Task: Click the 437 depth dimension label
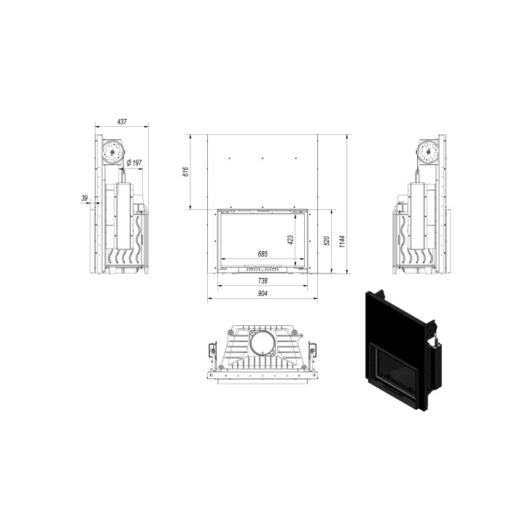point(122,122)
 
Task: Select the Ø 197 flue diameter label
point(134,163)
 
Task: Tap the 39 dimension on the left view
point(84,198)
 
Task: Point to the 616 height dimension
point(185,171)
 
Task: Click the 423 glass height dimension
point(291,239)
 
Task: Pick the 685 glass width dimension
point(263,254)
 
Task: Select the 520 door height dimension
point(326,241)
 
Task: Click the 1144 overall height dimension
point(342,241)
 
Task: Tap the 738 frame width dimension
point(263,280)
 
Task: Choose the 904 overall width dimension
point(263,293)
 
